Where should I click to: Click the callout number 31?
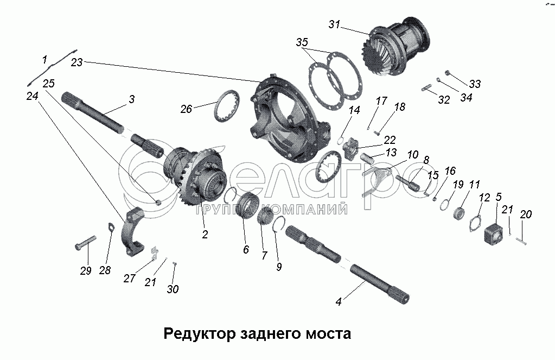coord(334,24)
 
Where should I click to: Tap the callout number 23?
coord(77,62)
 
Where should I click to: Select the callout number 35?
coord(302,42)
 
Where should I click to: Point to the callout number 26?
coord(186,109)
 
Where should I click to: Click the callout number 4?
coord(339,301)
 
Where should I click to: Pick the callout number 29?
coord(86,271)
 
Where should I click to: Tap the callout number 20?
coord(526,214)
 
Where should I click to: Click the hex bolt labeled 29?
coord(85,243)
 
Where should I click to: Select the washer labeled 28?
coord(111,227)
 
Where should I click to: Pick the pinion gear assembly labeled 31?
coord(397,46)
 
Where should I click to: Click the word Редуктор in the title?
coord(200,334)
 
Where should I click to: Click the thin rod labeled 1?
coord(52,67)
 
